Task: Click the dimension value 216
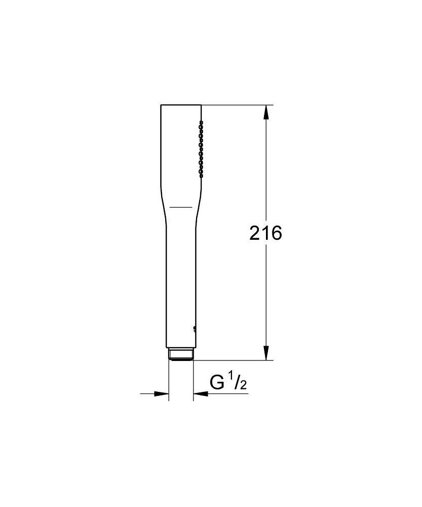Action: pyautogui.click(x=265, y=233)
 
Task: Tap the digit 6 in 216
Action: pyautogui.click(x=276, y=233)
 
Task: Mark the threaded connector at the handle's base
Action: pyautogui.click(x=180, y=354)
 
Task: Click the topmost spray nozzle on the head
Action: pyautogui.click(x=201, y=122)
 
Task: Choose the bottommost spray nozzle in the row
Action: pyautogui.click(x=201, y=175)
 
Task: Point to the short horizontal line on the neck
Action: pyautogui.click(x=181, y=207)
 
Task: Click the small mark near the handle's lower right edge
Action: pyautogui.click(x=194, y=329)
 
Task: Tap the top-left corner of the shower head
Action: pyautogui.click(x=161, y=105)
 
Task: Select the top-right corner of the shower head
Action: pyautogui.click(x=201, y=105)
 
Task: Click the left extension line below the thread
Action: pyautogui.click(x=168, y=380)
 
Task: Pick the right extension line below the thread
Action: pyautogui.click(x=193, y=380)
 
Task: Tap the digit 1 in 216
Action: pyautogui.click(x=265, y=233)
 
